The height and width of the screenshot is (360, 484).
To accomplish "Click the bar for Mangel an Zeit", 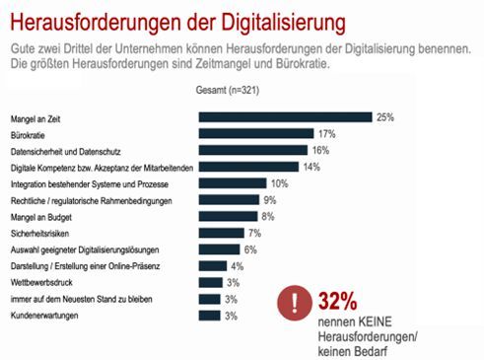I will click(285, 117).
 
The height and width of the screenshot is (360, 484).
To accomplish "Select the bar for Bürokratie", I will click(256, 134).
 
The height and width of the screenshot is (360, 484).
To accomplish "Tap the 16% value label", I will click(321, 151).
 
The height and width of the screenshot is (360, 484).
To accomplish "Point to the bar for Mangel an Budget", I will click(227, 217).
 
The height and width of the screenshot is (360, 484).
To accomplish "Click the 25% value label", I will click(385, 117).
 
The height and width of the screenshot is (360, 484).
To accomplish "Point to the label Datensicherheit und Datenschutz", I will click(69, 151).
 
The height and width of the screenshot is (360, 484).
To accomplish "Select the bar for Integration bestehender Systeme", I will click(233, 183).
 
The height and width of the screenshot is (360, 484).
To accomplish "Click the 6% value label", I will click(250, 250).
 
